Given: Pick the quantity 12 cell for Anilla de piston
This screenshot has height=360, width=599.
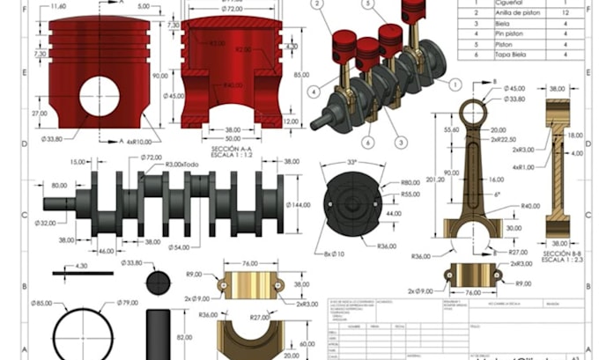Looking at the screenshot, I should (x=565, y=13).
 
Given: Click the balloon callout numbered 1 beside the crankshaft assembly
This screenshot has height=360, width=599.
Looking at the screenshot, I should (x=455, y=84).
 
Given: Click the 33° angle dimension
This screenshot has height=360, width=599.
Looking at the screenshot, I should (x=351, y=163).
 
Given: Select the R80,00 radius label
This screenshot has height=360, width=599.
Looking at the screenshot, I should (x=410, y=182).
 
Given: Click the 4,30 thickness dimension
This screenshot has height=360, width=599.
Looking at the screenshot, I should (x=81, y=265).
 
